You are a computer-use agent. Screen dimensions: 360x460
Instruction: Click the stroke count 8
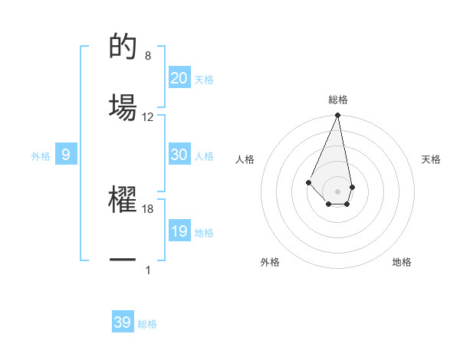(x=148, y=56)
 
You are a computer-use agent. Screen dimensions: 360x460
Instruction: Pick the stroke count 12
(x=148, y=116)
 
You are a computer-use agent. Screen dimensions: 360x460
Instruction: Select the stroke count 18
(x=148, y=208)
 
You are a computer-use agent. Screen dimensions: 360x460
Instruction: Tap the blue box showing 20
(x=179, y=77)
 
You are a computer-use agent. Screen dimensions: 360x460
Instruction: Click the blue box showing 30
(x=179, y=155)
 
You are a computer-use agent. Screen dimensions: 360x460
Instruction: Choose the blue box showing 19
(x=179, y=231)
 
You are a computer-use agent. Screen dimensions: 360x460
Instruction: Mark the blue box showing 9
(x=66, y=155)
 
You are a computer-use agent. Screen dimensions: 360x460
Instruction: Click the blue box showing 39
(x=123, y=322)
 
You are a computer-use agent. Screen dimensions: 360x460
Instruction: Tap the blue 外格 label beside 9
(x=41, y=156)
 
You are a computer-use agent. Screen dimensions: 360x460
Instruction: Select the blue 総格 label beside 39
(x=147, y=324)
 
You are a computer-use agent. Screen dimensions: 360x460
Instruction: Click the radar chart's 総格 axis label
(x=337, y=100)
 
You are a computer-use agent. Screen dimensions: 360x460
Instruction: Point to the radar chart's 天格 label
(x=432, y=159)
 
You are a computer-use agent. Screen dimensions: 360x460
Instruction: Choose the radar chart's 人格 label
(x=245, y=159)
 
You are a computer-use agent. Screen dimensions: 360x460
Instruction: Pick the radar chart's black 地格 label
(x=402, y=262)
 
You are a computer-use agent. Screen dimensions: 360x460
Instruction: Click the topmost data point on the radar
(x=337, y=116)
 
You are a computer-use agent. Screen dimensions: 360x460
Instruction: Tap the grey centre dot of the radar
(x=337, y=191)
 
